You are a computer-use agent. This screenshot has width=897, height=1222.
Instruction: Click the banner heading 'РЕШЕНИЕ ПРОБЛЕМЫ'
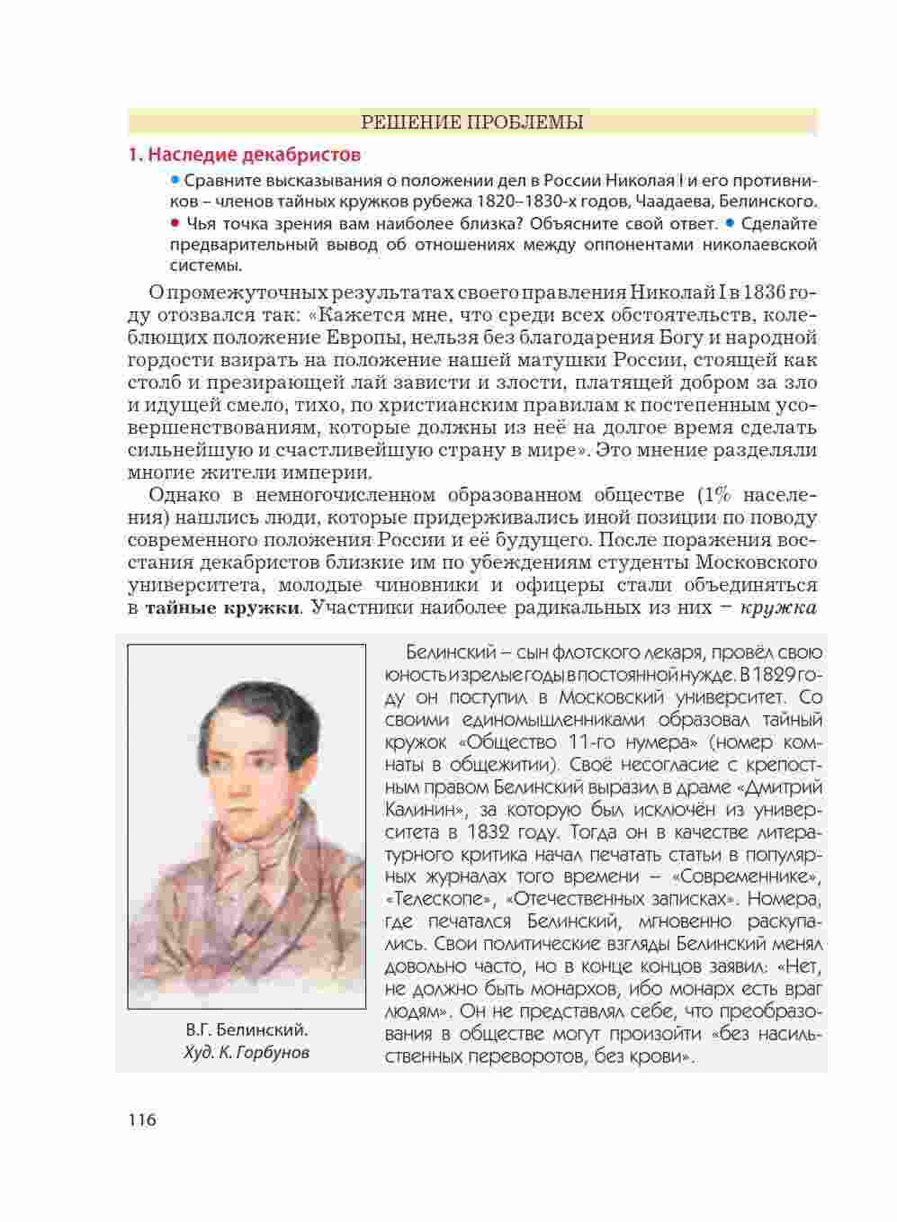click(471, 122)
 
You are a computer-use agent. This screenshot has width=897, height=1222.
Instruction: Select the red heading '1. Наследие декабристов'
click(245, 155)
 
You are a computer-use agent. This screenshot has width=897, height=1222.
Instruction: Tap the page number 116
click(142, 1120)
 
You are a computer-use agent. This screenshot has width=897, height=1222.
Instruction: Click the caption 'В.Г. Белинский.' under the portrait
click(247, 1030)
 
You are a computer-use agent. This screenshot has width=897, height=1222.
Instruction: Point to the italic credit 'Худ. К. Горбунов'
click(247, 1052)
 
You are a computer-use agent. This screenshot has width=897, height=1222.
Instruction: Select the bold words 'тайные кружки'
click(221, 607)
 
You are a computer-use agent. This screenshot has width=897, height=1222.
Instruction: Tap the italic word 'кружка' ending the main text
click(778, 607)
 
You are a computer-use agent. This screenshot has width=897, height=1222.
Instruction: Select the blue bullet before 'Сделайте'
click(730, 222)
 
